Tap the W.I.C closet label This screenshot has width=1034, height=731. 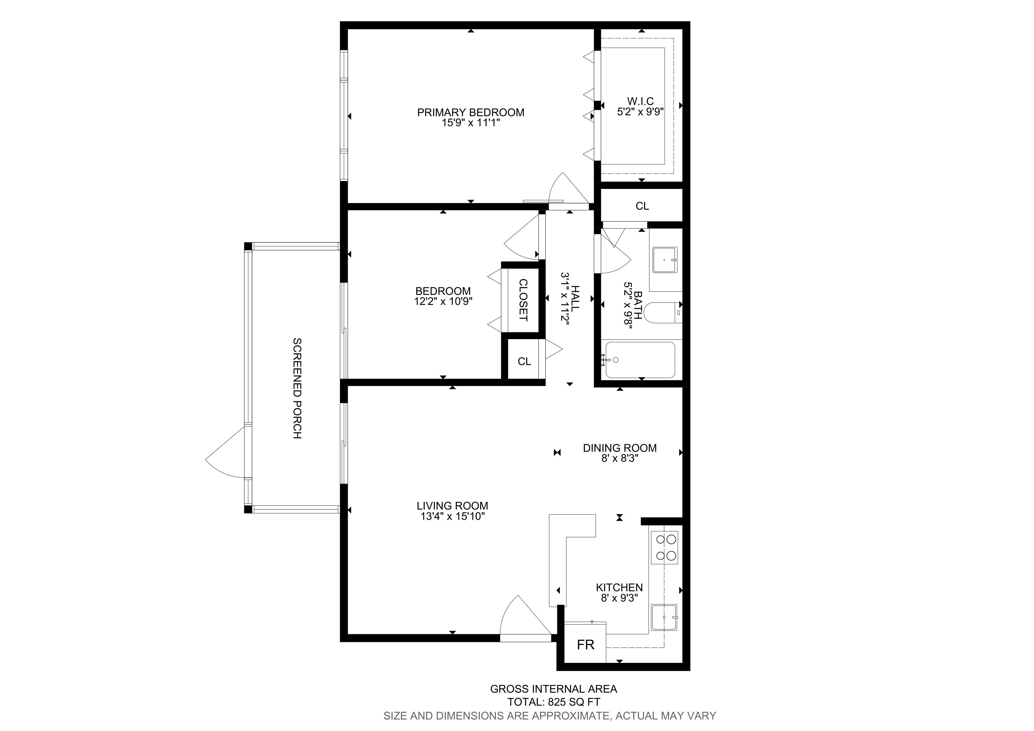pos(641,101)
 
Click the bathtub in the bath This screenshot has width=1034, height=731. pos(640,360)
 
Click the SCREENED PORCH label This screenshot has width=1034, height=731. pos(297,388)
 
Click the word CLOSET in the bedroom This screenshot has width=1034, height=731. pos(523,300)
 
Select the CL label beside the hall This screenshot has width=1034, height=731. pos(524,361)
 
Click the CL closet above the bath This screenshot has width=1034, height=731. pos(642,206)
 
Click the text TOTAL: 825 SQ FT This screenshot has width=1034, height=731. pos(554,702)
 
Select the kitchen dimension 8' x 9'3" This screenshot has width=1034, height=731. pos(620,598)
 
